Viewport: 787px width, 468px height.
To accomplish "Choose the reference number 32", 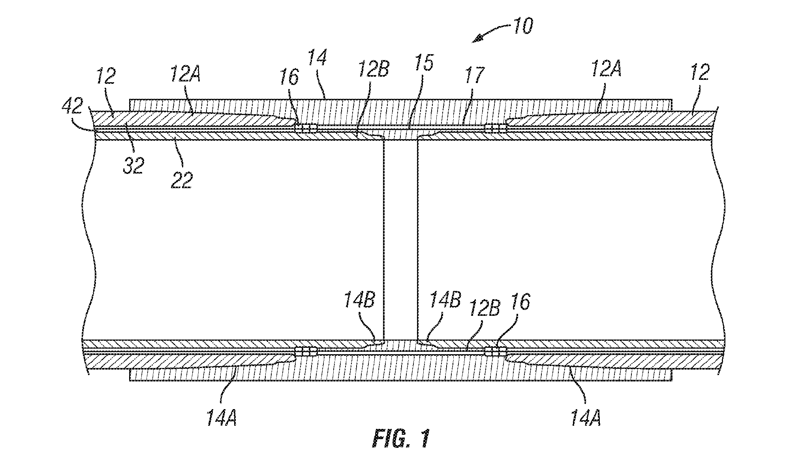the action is pos(133,166).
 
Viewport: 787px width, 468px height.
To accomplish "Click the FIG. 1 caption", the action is pos(400,439).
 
